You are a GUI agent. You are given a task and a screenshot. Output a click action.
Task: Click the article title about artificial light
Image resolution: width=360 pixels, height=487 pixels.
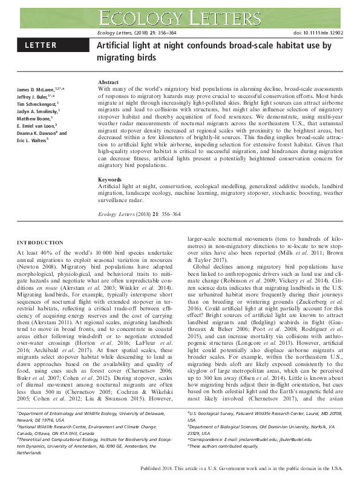214,51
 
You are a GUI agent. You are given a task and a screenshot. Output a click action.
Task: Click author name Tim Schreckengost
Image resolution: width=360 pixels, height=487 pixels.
34,104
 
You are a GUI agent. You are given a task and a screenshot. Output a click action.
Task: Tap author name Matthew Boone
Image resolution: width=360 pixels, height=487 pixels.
27,119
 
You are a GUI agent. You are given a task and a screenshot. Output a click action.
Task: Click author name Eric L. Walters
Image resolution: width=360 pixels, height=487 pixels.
30,140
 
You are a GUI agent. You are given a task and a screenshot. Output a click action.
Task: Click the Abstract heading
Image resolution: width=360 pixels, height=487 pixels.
108,82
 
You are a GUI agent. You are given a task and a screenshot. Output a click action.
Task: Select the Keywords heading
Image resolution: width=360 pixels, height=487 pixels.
110,180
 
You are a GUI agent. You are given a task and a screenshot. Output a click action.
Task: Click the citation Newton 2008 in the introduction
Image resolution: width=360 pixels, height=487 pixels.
36,264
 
